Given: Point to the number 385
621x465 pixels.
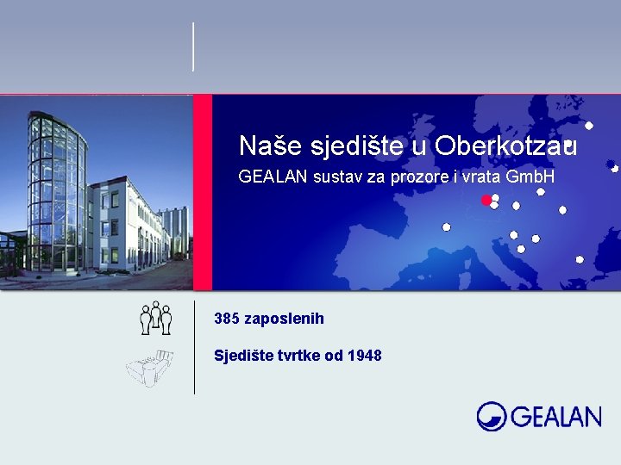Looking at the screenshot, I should click(227, 319).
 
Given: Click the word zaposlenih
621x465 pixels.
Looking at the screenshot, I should click(285, 319).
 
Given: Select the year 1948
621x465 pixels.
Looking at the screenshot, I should click(366, 355).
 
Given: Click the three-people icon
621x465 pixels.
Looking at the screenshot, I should click(156, 318).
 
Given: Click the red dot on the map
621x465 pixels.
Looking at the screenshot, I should click(486, 200).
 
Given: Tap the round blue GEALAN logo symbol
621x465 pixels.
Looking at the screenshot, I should click(492, 416).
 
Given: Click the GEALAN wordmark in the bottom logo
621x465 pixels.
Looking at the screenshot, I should click(555, 418).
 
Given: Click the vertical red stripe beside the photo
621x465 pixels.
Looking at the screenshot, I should click(202, 192).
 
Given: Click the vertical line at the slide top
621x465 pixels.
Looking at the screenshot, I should click(193, 46).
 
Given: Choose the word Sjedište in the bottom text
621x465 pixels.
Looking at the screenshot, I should click(240, 355).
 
